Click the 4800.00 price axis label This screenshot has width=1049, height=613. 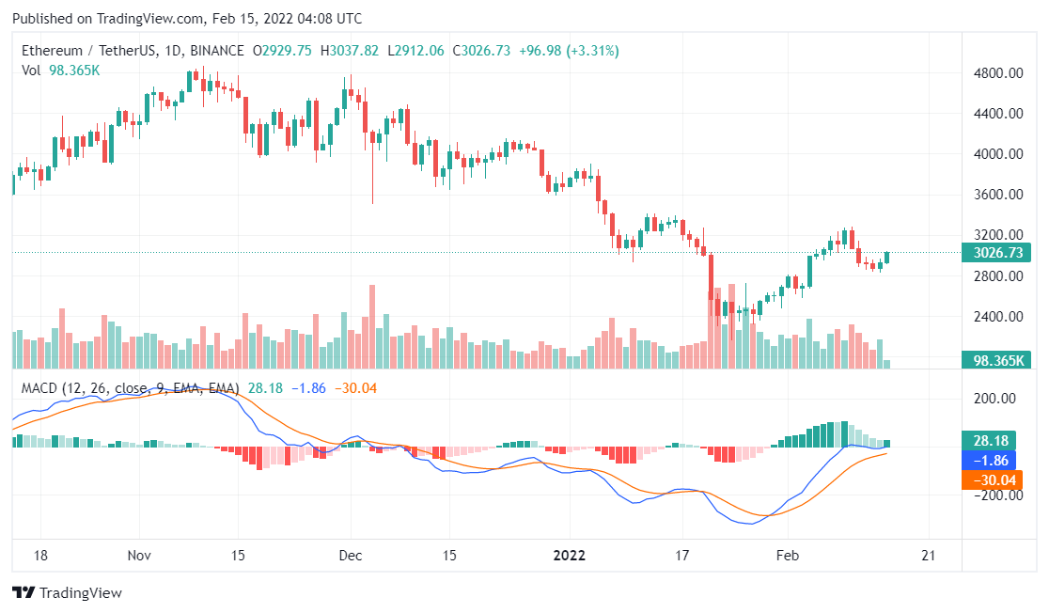995,73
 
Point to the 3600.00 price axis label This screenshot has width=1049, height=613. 995,195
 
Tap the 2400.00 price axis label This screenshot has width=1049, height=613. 995,317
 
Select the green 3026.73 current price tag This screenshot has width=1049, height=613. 996,252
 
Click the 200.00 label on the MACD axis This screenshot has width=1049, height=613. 995,399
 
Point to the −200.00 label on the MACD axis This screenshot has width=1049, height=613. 994,495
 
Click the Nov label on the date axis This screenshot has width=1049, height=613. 139,556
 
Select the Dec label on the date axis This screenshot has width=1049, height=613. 351,556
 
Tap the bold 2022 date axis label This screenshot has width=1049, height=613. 570,556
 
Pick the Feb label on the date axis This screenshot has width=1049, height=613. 788,556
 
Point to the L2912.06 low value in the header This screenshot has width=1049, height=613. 419,51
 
